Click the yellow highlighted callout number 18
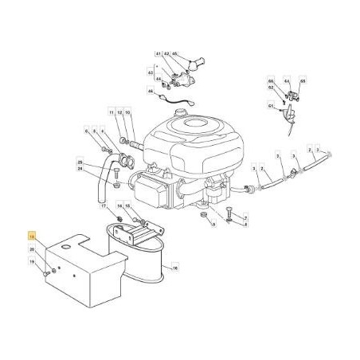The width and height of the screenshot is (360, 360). point(31,237)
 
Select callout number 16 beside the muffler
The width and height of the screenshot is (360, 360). point(175,268)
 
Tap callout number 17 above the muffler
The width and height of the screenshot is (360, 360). point(104,206)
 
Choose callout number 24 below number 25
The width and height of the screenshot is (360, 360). point(80,169)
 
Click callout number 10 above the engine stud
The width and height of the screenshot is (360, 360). point(127,114)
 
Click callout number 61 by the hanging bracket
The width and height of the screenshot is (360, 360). point(271,105)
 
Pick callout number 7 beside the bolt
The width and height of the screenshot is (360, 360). point(246,217)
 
